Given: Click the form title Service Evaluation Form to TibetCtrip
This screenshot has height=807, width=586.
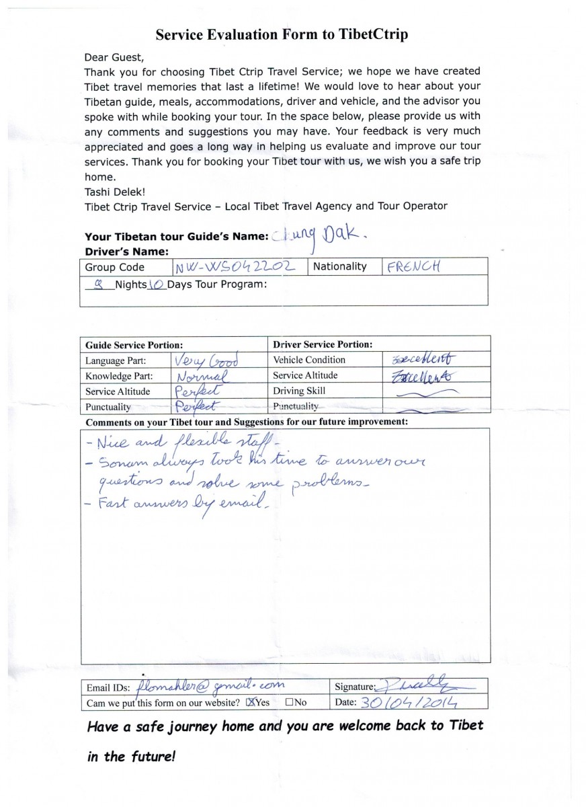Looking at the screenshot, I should click(282, 34).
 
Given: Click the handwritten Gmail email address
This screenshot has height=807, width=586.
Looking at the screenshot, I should click(210, 686).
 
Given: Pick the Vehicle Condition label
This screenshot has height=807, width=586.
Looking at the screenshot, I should click(308, 360).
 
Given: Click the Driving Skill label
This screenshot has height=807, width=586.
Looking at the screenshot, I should click(298, 391).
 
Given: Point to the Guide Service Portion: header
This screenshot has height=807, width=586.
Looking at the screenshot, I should click(134, 344).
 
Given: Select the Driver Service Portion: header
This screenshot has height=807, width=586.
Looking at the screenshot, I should click(323, 344).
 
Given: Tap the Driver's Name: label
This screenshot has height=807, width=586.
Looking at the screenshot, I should click(126, 252).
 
